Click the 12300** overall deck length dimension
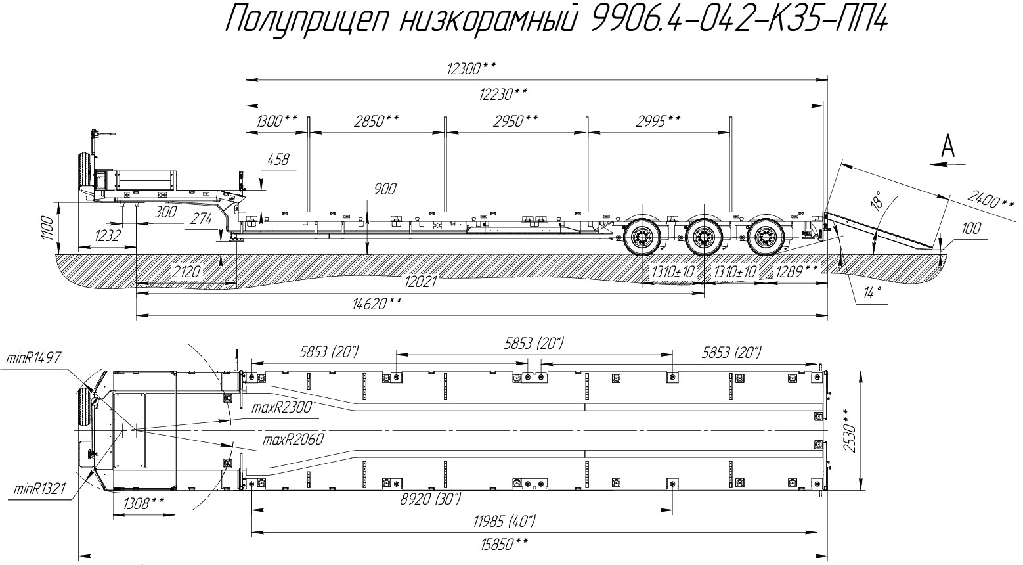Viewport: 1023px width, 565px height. pos(471,68)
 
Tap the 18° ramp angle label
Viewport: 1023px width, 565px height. pos(877,200)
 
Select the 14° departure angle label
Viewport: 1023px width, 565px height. pos(872,292)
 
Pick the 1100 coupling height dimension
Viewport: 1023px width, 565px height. pos(47,228)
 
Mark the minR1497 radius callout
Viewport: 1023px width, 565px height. pos(33,358)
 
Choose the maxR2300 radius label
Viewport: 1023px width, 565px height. pos(281,407)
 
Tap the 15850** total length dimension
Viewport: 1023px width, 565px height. pos(504,544)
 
